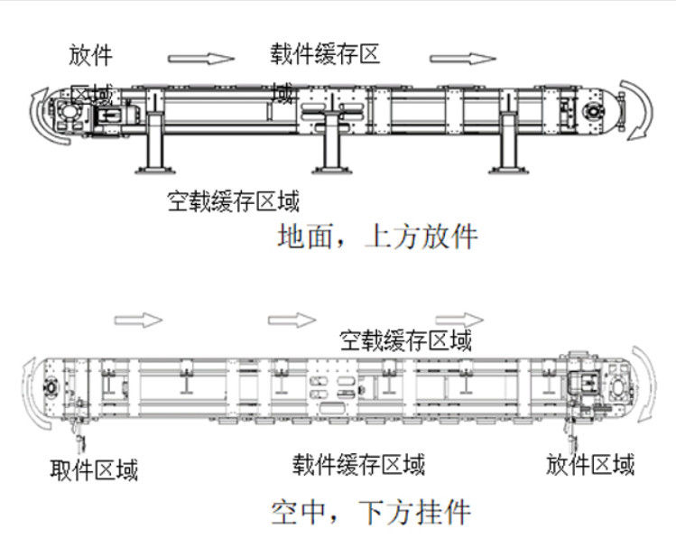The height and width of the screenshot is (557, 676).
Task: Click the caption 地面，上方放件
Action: click(376, 237)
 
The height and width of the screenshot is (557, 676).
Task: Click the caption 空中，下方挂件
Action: click(370, 513)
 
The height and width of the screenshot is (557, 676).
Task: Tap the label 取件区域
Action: click(94, 469)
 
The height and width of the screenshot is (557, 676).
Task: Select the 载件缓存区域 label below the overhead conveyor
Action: click(358, 465)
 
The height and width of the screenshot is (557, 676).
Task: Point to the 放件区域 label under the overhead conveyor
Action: click(590, 465)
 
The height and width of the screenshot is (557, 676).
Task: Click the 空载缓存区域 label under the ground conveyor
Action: click(234, 200)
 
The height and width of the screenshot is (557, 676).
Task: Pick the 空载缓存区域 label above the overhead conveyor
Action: click(406, 340)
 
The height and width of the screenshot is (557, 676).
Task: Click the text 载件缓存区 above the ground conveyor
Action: click(325, 54)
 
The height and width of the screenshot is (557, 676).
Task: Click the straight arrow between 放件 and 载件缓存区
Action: click(201, 60)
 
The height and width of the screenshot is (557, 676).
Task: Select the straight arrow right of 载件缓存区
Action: click(463, 60)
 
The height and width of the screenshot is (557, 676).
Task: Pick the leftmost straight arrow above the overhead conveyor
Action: click(138, 320)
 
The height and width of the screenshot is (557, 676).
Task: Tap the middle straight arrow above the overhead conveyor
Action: click(292, 320)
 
